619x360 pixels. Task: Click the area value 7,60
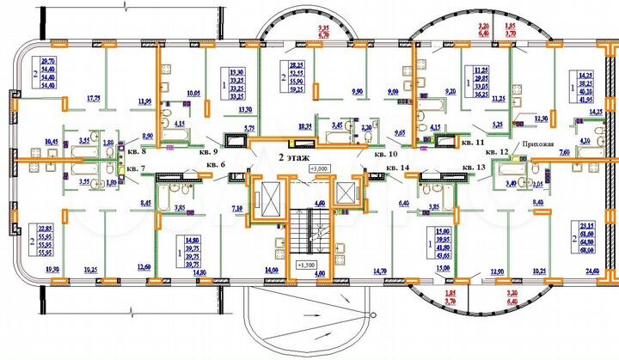pos(564,152)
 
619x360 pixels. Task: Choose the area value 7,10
pos(238,209)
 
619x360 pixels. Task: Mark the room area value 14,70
pos(381,271)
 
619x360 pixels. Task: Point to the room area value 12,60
pos(144,266)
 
